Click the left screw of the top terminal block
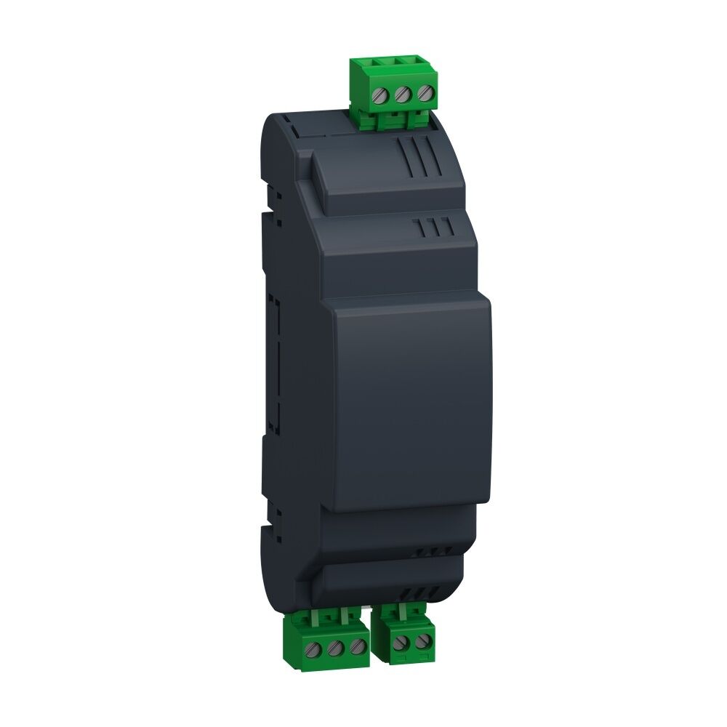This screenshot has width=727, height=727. pyautogui.click(x=379, y=95)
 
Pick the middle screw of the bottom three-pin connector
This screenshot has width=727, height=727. pyautogui.click(x=336, y=646)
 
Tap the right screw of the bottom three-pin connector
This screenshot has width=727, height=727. pyautogui.click(x=356, y=645)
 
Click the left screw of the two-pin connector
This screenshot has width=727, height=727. pyautogui.click(x=398, y=642)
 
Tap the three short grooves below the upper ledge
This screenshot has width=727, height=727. pyautogui.click(x=435, y=228)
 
